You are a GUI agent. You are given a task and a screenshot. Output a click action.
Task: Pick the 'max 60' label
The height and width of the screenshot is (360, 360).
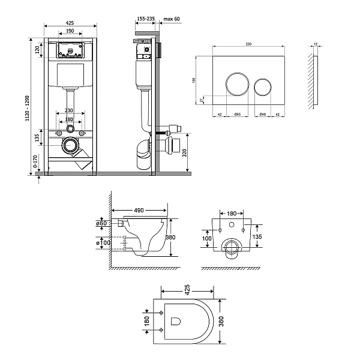tap(172, 19)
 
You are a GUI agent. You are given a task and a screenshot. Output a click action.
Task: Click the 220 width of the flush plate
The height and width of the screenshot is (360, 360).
tap(248, 44)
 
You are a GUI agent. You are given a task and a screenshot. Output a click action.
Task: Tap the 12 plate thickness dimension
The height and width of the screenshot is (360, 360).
tap(317, 44)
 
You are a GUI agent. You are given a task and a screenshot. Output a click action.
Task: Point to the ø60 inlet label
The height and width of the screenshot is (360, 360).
tap(101, 223)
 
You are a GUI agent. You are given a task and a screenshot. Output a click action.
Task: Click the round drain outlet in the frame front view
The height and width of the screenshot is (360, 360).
tap(71, 145)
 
